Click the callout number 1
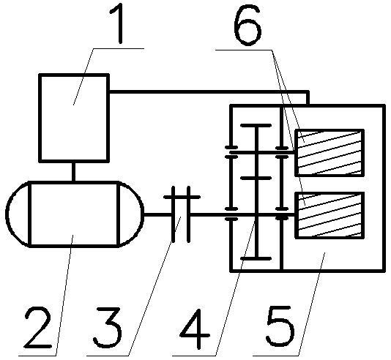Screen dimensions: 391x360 click(118, 23)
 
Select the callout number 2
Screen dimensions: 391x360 click(38, 328)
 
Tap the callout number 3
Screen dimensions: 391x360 click(108, 327)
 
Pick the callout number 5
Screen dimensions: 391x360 click(280, 327)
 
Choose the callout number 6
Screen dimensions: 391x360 click(248, 24)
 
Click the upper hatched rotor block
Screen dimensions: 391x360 click(329, 152)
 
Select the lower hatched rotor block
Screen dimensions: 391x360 click(329, 215)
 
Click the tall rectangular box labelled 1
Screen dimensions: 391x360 click(74, 118)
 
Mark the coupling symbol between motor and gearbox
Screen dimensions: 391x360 click(182, 214)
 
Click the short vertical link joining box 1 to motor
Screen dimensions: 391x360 click(73, 172)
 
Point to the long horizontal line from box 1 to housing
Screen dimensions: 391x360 click(209, 92)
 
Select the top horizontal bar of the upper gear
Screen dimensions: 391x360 click(256, 125)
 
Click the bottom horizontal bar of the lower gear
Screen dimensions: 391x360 click(256, 258)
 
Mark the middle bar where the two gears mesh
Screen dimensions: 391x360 click(256, 178)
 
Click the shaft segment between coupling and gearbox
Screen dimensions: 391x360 click(209, 214)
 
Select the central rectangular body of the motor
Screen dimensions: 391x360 click(74, 214)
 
